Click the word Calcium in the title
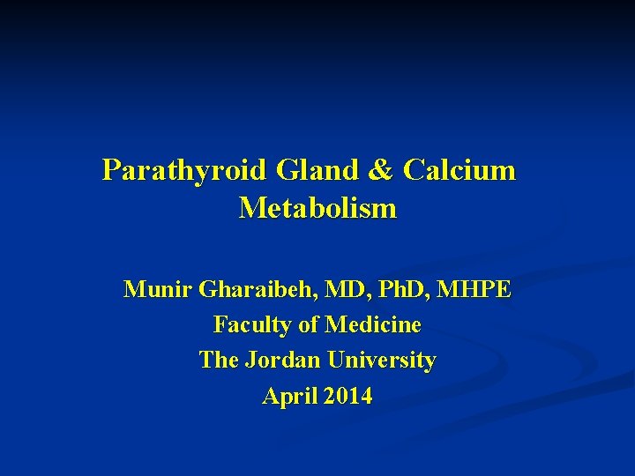pyautogui.click(x=459, y=169)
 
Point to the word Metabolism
pyautogui.click(x=317, y=209)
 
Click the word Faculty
pyautogui.click(x=251, y=325)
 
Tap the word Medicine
pyautogui.click(x=372, y=325)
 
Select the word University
pyautogui.click(x=381, y=361)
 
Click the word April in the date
pyautogui.click(x=288, y=397)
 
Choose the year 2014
pyautogui.click(x=347, y=397)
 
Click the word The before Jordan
pyautogui.click(x=217, y=361)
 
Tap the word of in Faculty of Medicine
pyautogui.click(x=308, y=325)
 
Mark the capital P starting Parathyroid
pyautogui.click(x=112, y=169)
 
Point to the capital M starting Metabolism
pyautogui.click(x=250, y=209)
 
